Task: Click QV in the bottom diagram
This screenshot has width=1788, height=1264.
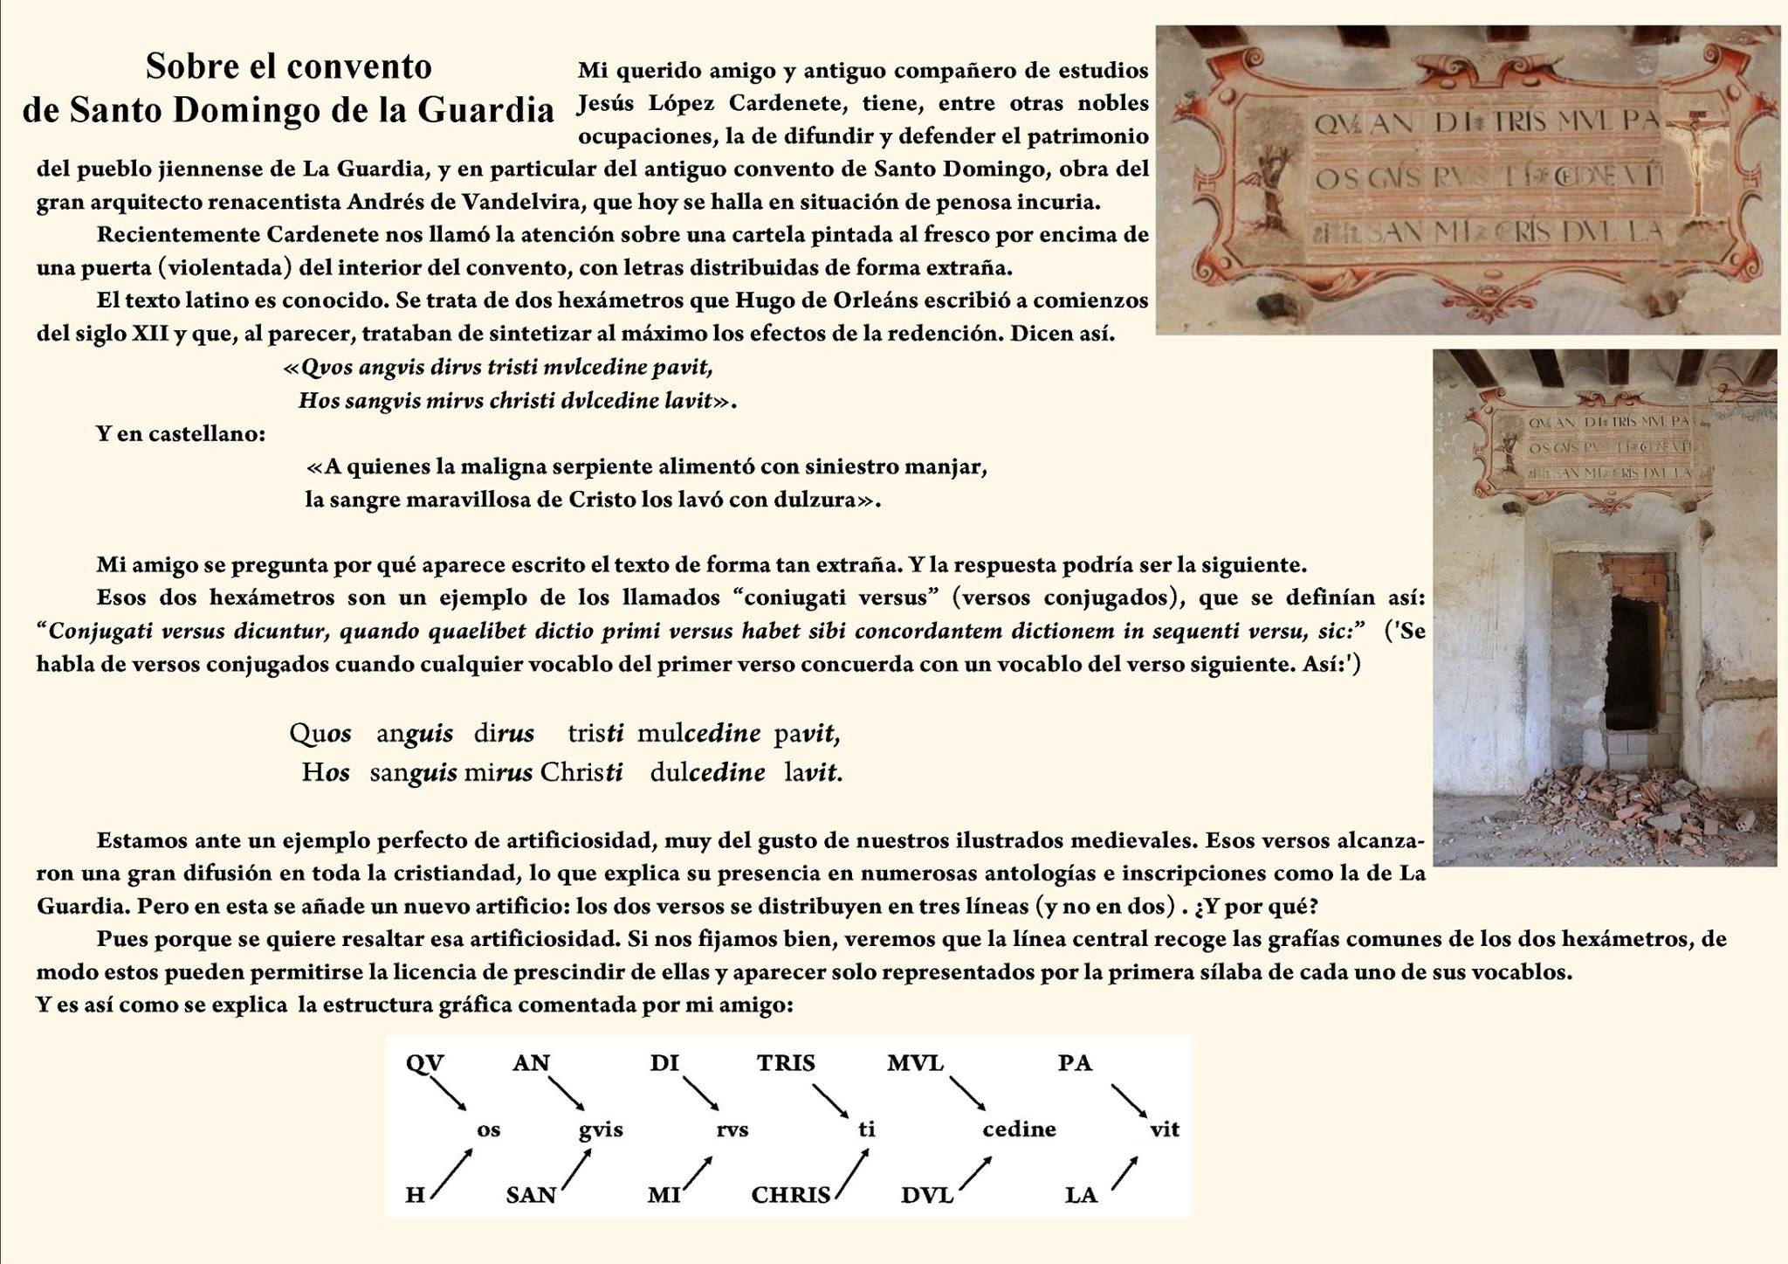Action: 425,1063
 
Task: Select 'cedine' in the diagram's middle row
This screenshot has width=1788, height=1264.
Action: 1019,1129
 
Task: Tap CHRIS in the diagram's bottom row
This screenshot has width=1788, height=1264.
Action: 790,1195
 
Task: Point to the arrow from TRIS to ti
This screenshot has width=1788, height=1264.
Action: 830,1100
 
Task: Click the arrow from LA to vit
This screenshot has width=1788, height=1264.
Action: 1124,1173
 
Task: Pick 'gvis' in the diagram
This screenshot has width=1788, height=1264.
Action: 601,1129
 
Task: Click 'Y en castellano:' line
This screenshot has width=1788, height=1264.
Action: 181,434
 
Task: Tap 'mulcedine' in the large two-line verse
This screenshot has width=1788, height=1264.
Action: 698,733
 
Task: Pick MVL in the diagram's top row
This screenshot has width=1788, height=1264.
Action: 915,1063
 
